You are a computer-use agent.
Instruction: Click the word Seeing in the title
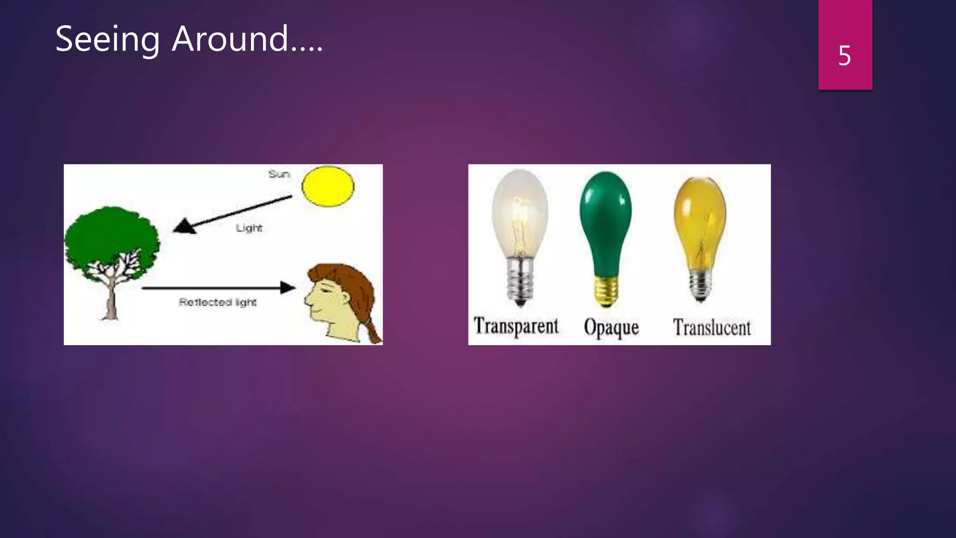coord(107,39)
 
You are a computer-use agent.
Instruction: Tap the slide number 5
coord(844,56)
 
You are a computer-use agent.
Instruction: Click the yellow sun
coord(328,186)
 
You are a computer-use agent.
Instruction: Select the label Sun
coord(279,174)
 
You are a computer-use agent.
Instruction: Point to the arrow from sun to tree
coord(233,214)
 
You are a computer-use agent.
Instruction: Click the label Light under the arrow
coord(249,228)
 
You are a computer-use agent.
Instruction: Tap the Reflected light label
coord(218,302)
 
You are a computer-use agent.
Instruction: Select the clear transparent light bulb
coord(520,215)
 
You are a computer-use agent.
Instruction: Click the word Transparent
coord(516,326)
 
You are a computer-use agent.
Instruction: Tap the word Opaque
coord(611,327)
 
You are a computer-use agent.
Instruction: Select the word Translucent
coord(712,327)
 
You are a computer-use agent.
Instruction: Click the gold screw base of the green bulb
coord(606,290)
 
